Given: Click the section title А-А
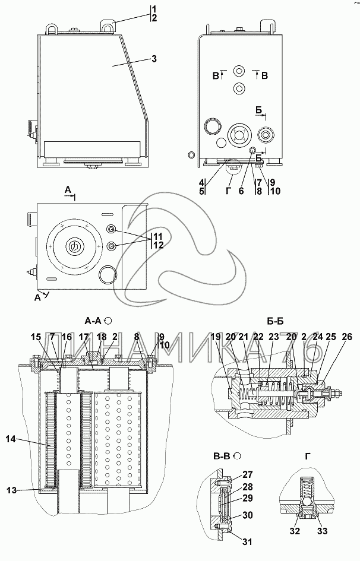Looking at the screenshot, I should [x=94, y=321].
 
